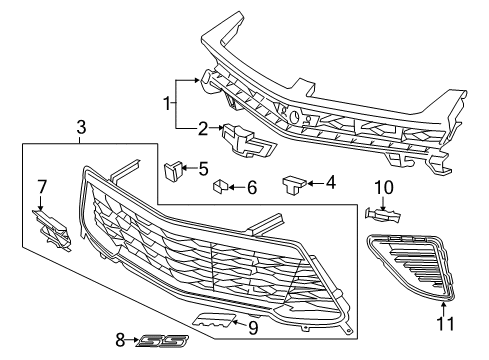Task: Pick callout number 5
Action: (203, 168)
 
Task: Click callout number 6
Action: (251, 187)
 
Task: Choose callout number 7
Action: (42, 186)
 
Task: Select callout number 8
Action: (121, 340)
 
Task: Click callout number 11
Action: (444, 324)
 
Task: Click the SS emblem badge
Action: (156, 340)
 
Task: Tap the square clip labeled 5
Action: (173, 169)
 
